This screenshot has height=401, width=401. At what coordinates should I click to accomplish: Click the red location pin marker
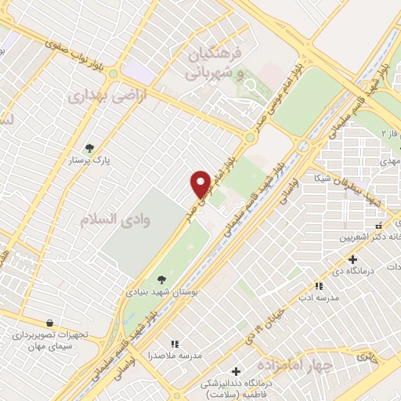click(x=200, y=184)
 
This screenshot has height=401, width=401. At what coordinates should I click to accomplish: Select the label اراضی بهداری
click(x=96, y=97)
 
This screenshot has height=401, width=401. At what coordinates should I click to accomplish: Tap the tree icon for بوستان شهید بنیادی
click(x=161, y=279)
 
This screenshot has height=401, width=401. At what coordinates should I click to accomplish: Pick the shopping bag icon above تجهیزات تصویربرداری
click(x=50, y=323)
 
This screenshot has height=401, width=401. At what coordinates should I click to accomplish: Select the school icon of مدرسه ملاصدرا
click(x=175, y=343)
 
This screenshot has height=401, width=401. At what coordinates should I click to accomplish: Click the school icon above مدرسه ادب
click(x=318, y=287)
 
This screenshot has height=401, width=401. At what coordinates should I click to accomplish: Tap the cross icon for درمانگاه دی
click(x=352, y=259)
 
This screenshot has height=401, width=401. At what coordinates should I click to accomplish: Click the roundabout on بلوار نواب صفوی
click(x=113, y=74)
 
